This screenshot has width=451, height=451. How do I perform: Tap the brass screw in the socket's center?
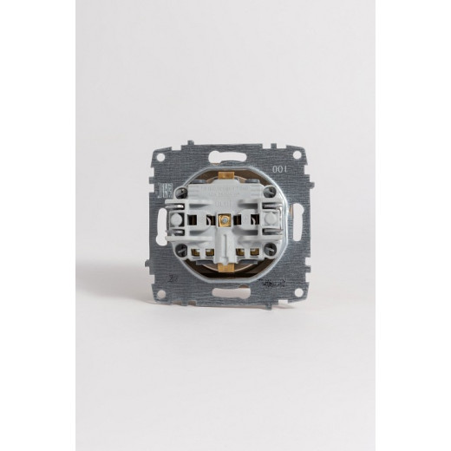(x=225, y=222)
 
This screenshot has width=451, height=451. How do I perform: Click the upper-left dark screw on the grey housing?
(x=183, y=193)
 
